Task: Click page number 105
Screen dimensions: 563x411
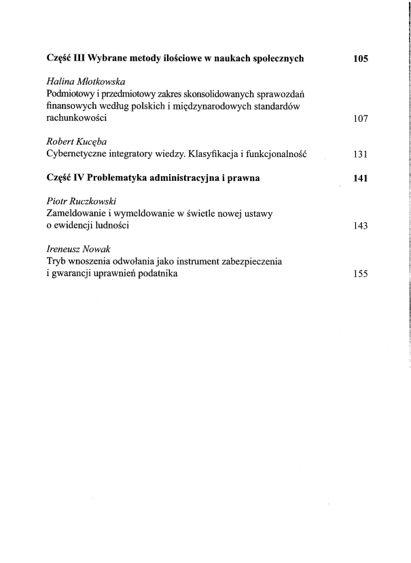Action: [x=360, y=58]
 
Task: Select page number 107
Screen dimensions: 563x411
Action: [x=360, y=118]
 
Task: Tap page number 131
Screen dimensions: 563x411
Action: [x=360, y=154]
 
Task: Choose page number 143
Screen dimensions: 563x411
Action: [x=360, y=226]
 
